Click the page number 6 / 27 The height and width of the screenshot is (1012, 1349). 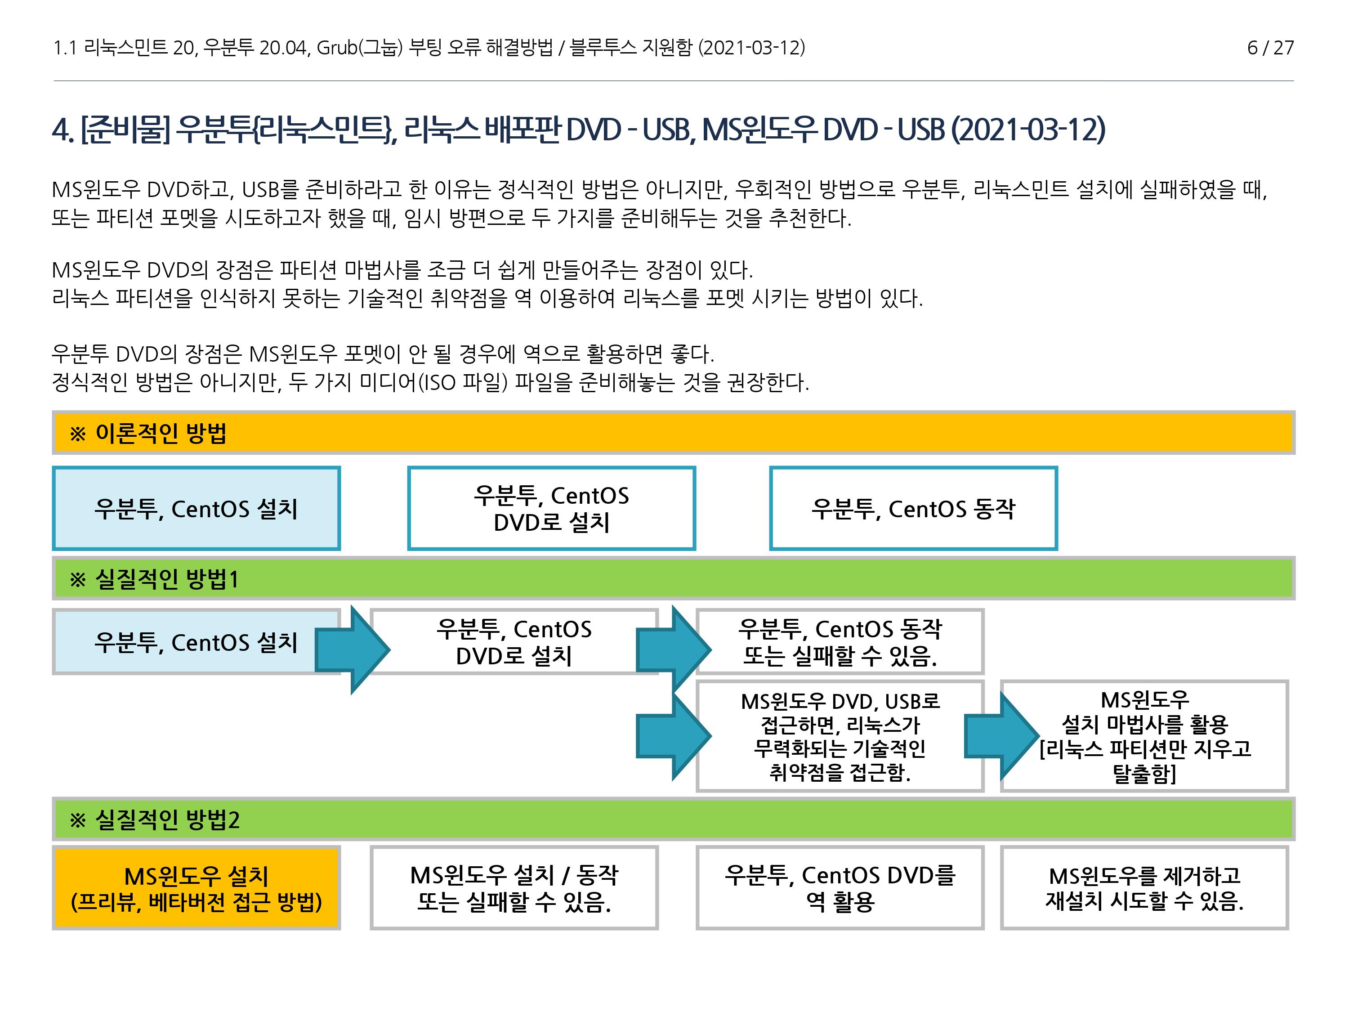(x=1270, y=48)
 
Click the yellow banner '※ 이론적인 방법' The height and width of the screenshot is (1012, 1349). (x=673, y=433)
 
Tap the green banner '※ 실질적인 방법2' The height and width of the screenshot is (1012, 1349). (x=673, y=819)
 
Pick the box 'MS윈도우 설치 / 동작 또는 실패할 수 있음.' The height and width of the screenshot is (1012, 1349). (x=514, y=887)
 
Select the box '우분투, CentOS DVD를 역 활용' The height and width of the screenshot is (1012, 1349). (x=840, y=887)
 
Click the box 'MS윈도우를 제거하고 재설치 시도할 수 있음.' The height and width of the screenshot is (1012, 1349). (x=1144, y=887)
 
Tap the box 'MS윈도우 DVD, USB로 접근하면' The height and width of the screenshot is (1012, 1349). (x=840, y=736)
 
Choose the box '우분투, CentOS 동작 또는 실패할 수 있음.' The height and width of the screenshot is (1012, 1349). (x=840, y=642)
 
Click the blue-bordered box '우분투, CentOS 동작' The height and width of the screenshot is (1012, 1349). (x=913, y=509)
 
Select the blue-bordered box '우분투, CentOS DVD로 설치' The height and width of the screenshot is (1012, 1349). (x=551, y=509)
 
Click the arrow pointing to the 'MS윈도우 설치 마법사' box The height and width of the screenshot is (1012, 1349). (x=1000, y=737)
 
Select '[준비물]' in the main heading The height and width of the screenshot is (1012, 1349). (x=125, y=130)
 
